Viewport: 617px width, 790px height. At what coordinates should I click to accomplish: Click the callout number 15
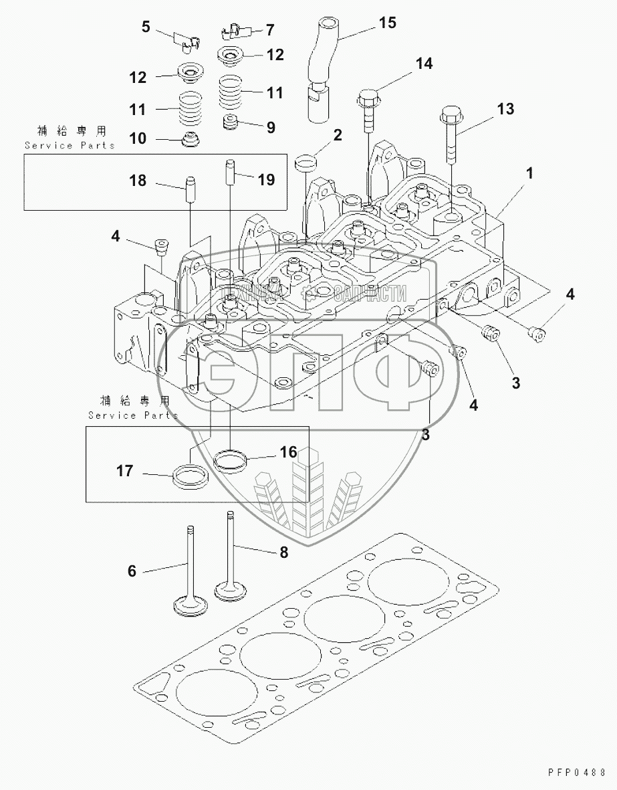coord(387,23)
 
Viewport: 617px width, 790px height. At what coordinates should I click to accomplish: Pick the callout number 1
coord(529,173)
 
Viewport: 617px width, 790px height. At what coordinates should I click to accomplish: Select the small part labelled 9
coord(232,124)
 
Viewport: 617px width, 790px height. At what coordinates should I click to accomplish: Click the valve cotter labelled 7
coord(231,30)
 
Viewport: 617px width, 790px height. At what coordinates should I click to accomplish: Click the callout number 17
coord(124,472)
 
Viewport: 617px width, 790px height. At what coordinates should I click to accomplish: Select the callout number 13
coord(506,108)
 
